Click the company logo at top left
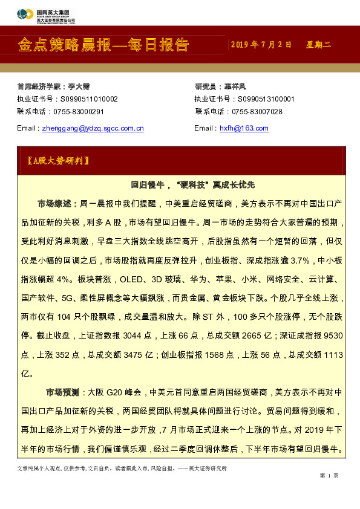point(26,13)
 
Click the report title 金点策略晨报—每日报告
point(103,45)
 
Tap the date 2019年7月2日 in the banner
point(261,45)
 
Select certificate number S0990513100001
point(264,99)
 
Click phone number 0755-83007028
point(257,112)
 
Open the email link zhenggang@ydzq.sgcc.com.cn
point(92,128)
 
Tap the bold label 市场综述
point(57,204)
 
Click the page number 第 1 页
point(329,476)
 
